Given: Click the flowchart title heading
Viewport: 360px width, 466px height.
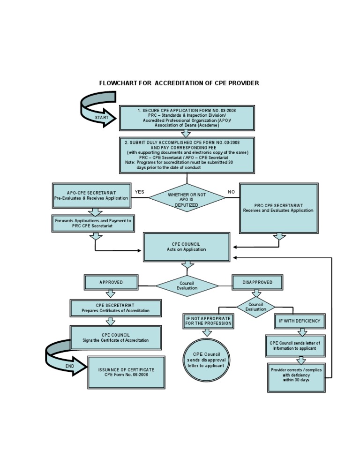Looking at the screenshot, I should point(179,83).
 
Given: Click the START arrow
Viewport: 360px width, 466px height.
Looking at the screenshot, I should point(100,117).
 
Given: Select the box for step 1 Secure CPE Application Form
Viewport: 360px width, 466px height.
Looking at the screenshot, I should point(187,118).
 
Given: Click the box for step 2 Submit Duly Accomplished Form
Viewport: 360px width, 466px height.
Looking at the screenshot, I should point(187,154).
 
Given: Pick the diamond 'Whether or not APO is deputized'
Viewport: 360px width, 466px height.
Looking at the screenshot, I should point(187,197).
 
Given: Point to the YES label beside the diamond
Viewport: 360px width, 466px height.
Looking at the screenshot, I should point(139,192).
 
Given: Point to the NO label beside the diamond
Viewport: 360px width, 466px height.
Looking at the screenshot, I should point(231,192).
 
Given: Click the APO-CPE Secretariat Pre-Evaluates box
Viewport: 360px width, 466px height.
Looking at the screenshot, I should point(91,195).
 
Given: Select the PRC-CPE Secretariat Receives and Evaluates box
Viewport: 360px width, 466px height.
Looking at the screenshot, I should point(278,208).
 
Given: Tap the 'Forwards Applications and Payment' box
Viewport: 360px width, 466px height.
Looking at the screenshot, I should point(93,223).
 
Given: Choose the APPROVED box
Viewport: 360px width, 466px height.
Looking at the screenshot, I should point(111,282).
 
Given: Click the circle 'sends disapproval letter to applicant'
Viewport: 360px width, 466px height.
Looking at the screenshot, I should point(206,360).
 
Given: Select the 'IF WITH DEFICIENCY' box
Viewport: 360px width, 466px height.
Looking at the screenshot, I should point(300,321).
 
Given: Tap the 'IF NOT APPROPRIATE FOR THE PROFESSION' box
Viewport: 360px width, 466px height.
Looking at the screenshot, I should point(208,321).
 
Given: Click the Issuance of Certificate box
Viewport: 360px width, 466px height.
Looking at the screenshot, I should point(126,372).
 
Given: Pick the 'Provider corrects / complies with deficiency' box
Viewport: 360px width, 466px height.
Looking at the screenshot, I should point(296,375).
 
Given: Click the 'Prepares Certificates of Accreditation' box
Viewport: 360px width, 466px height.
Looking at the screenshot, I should point(115,308).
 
